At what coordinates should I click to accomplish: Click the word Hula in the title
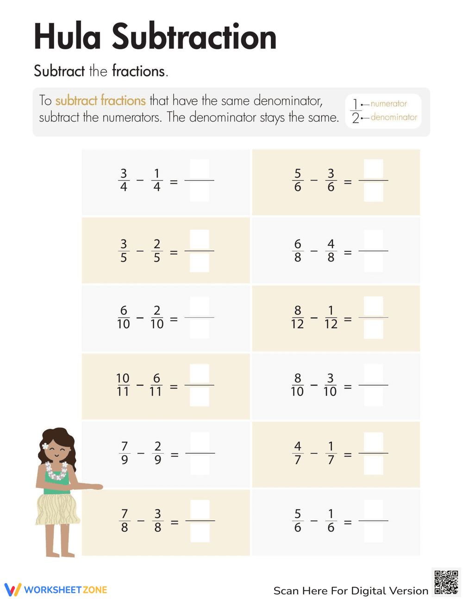[x=67, y=37]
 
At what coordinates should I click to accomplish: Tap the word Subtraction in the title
[x=194, y=37]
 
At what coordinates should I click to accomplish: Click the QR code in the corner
[x=446, y=582]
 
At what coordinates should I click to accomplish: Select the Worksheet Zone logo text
[x=65, y=590]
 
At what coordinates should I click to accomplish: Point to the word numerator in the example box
[x=388, y=104]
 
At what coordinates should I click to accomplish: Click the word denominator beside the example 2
[x=394, y=117]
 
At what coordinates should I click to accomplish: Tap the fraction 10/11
[x=123, y=385]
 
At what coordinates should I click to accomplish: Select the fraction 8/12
[x=297, y=317]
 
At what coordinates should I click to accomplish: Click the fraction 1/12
[x=331, y=317]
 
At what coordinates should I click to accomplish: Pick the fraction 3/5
[x=124, y=250]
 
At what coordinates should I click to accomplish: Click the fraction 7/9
[x=125, y=453]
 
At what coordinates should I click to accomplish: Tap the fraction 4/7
[x=297, y=453]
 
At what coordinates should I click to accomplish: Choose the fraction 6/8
[x=297, y=250]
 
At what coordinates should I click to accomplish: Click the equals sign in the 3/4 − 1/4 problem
[x=174, y=182]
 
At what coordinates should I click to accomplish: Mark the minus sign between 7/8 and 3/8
[x=141, y=520]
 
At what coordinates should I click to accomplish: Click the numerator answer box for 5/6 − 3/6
[x=373, y=169]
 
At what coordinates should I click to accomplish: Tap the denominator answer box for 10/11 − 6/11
[x=200, y=397]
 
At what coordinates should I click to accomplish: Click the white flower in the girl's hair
[x=45, y=446]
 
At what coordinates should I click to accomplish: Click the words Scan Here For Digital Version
[x=350, y=591]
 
